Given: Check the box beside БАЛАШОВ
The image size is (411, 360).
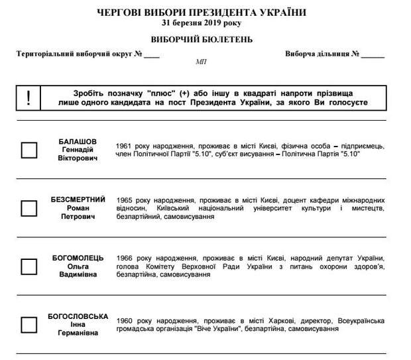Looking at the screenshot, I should point(29,150).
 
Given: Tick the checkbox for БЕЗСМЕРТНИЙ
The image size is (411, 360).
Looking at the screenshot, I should point(29,208).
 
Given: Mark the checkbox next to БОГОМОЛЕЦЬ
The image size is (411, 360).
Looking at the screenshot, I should point(29,267).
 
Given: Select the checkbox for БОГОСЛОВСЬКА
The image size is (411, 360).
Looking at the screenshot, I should point(29,324).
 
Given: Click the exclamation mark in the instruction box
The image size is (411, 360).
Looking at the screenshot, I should point(28,98).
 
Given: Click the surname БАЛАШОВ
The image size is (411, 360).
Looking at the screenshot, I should point(78,141).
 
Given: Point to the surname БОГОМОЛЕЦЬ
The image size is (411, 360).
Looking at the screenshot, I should point(78,257).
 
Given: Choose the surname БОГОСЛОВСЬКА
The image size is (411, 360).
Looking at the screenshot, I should point(78,316).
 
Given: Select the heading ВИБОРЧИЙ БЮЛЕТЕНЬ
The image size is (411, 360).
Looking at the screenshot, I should point(202,39).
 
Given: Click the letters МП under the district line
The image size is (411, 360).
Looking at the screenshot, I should point(201,61).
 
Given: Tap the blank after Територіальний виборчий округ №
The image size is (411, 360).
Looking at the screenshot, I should point(152,54).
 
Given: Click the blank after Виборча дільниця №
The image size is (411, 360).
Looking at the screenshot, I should point(373,54).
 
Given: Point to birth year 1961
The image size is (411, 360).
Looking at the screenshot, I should point(124,145).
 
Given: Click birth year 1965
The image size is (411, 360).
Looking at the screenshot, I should point(124,200).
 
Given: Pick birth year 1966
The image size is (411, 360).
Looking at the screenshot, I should point(124,258).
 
